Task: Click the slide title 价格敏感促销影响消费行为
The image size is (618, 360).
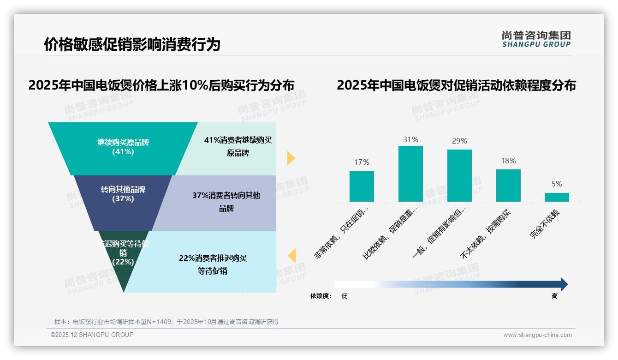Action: click(x=132, y=44)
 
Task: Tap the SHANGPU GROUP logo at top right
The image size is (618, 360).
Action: click(x=536, y=39)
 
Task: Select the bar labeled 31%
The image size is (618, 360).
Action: click(x=410, y=174)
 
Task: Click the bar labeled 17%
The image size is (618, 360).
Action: click(x=362, y=186)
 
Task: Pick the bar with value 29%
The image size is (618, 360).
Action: click(x=459, y=176)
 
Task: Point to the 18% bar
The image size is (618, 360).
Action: click(x=508, y=186)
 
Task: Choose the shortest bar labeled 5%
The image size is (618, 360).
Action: click(x=557, y=197)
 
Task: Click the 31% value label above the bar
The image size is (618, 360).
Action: click(x=410, y=139)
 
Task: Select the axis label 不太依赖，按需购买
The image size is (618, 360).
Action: click(x=487, y=234)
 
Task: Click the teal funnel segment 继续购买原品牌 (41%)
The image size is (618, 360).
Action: click(x=123, y=147)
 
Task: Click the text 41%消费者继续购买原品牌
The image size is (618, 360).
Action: click(x=238, y=146)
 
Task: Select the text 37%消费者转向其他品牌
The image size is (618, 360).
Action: click(x=226, y=202)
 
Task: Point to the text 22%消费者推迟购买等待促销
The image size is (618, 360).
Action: click(x=213, y=264)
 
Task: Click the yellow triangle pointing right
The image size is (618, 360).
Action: click(x=291, y=158)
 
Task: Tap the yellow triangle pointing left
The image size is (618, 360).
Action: click(x=291, y=255)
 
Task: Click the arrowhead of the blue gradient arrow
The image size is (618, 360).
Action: click(x=564, y=284)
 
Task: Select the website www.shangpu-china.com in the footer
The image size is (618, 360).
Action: click(x=537, y=335)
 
